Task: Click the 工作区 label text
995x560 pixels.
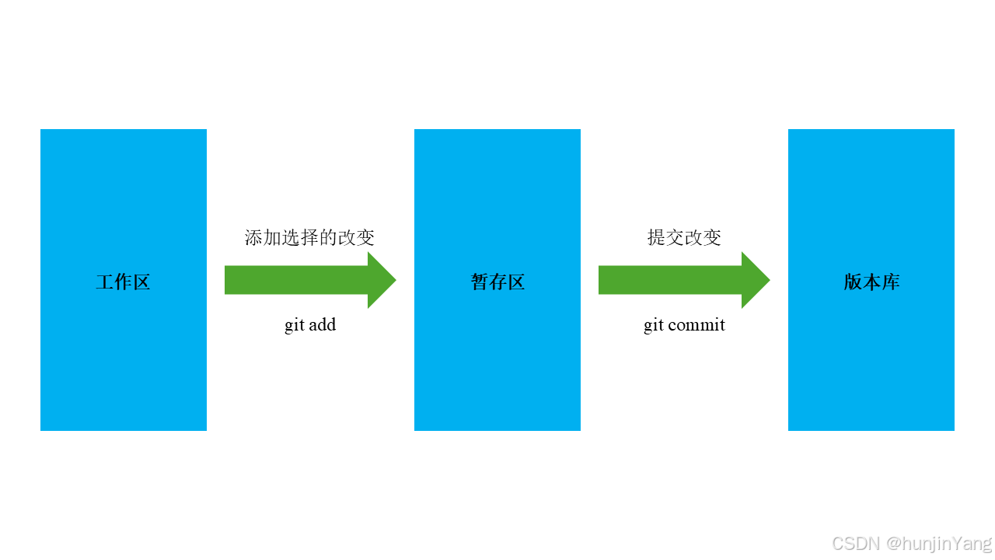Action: click(x=123, y=282)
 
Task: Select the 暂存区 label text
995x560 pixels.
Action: click(x=497, y=282)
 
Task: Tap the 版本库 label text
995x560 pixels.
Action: click(x=871, y=282)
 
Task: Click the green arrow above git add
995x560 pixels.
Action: click(x=303, y=280)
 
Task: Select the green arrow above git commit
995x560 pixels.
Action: click(x=676, y=280)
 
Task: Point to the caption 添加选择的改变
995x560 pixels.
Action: click(x=309, y=237)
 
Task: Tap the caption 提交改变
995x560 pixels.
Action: click(x=684, y=237)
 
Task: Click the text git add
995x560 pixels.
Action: click(x=310, y=324)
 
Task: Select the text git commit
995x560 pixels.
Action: click(x=684, y=324)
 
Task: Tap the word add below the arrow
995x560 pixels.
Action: click(x=321, y=324)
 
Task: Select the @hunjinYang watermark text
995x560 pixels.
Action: click(x=939, y=543)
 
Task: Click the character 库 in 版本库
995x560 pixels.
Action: click(x=890, y=282)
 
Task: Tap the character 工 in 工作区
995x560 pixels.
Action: click(x=105, y=282)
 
